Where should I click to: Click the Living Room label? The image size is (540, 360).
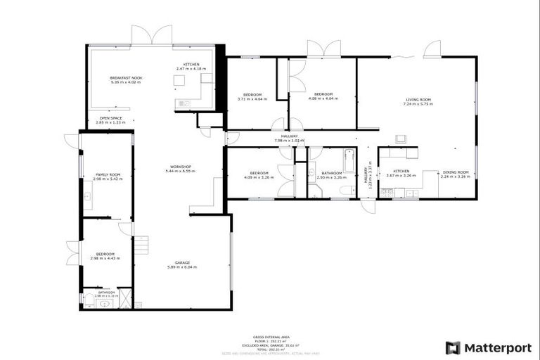pyautogui.click(x=418, y=101)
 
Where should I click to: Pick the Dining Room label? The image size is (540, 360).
pyautogui.click(x=456, y=174)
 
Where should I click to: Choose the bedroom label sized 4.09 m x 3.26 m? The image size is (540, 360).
pyautogui.click(x=259, y=174)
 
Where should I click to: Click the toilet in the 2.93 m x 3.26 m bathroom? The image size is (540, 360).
pyautogui.click(x=345, y=190)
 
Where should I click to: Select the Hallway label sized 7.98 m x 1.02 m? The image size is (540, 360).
pyautogui.click(x=290, y=138)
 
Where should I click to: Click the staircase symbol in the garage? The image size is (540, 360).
pyautogui.click(x=142, y=245)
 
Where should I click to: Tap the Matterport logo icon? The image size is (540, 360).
pyautogui.click(x=454, y=347)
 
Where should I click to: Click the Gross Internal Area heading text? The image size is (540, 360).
pyautogui.click(x=269, y=337)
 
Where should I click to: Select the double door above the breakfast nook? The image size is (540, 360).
pyautogui.click(x=151, y=34)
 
